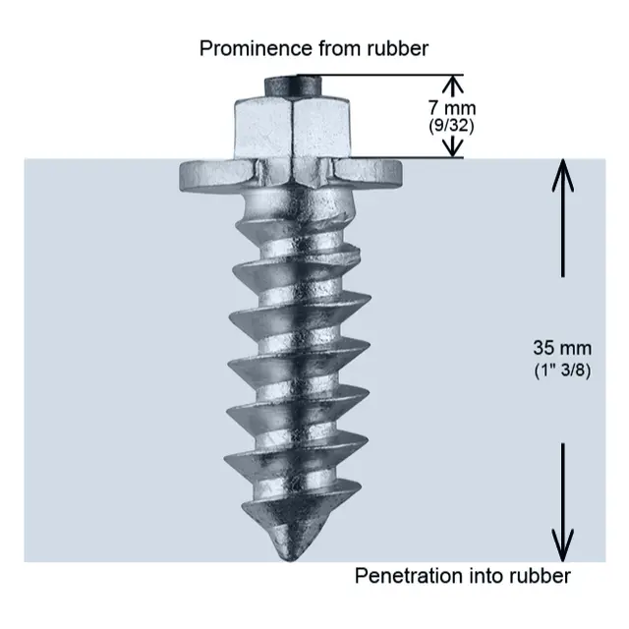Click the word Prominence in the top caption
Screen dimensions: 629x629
click(249, 48)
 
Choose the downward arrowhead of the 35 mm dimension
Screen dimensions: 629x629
click(562, 543)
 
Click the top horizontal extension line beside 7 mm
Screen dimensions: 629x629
click(393, 76)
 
